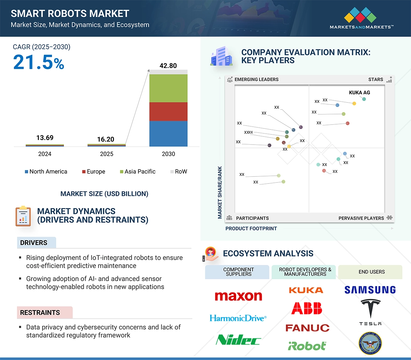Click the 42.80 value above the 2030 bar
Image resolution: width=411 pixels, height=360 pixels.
pyautogui.click(x=168, y=66)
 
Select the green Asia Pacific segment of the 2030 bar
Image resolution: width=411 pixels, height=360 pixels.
pyautogui.click(x=168, y=88)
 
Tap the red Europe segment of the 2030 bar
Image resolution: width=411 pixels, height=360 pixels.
pyautogui.click(x=168, y=112)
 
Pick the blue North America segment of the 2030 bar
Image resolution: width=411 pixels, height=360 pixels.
pyautogui.click(x=168, y=133)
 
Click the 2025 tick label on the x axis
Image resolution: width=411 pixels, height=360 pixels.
pyautogui.click(x=106, y=154)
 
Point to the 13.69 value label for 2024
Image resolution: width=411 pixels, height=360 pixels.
pyautogui.click(x=45, y=138)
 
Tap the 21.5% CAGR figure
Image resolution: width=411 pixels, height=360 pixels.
pyautogui.click(x=39, y=62)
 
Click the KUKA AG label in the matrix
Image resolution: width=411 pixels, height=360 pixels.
pyautogui.click(x=359, y=93)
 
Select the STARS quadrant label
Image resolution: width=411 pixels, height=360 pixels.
pyautogui.click(x=376, y=79)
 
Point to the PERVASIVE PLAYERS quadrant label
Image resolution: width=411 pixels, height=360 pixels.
pyautogui.click(x=361, y=218)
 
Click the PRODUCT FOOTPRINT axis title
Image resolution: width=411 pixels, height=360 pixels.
pyautogui.click(x=251, y=228)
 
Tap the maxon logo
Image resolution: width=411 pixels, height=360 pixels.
pyautogui.click(x=238, y=296)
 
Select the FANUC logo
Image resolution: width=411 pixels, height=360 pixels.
pyautogui.click(x=307, y=328)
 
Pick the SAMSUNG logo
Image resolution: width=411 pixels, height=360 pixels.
pyautogui.click(x=370, y=290)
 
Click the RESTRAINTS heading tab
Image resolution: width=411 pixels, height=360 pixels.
pyautogui.click(x=40, y=313)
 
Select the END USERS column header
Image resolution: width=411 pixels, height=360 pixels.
pyautogui.click(x=372, y=272)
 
